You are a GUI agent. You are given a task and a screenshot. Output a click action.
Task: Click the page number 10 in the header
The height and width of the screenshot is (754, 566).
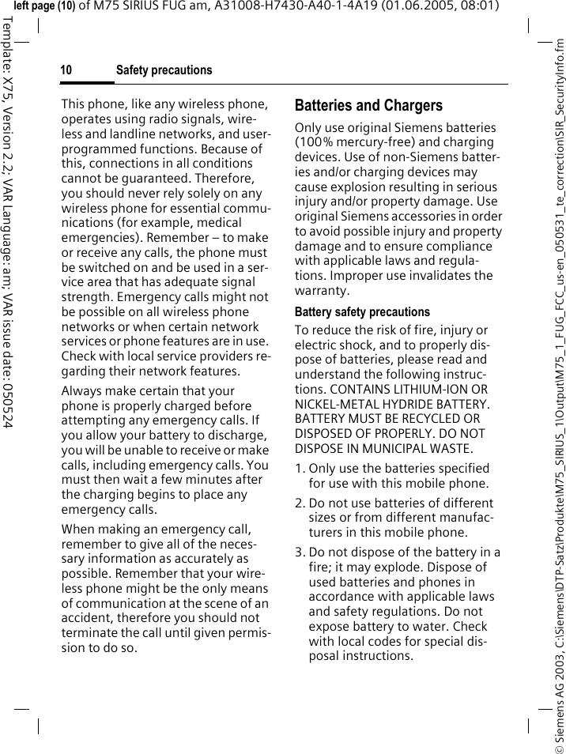pos(66,70)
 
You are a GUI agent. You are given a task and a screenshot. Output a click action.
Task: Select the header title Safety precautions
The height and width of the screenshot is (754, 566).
pos(164,70)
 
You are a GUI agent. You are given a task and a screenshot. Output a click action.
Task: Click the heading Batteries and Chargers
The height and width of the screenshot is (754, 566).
pos(368,105)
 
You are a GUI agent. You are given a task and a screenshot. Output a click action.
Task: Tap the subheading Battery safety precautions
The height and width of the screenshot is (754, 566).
pos(362,312)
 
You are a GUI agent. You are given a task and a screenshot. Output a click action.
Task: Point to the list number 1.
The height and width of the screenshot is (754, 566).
pos(299,469)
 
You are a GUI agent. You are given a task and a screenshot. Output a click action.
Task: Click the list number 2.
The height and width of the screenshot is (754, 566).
pos(299,503)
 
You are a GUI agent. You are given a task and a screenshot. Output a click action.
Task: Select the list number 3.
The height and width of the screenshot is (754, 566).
pos(299,552)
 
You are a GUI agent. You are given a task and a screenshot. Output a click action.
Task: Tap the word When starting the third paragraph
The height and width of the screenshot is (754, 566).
pos(78,530)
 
